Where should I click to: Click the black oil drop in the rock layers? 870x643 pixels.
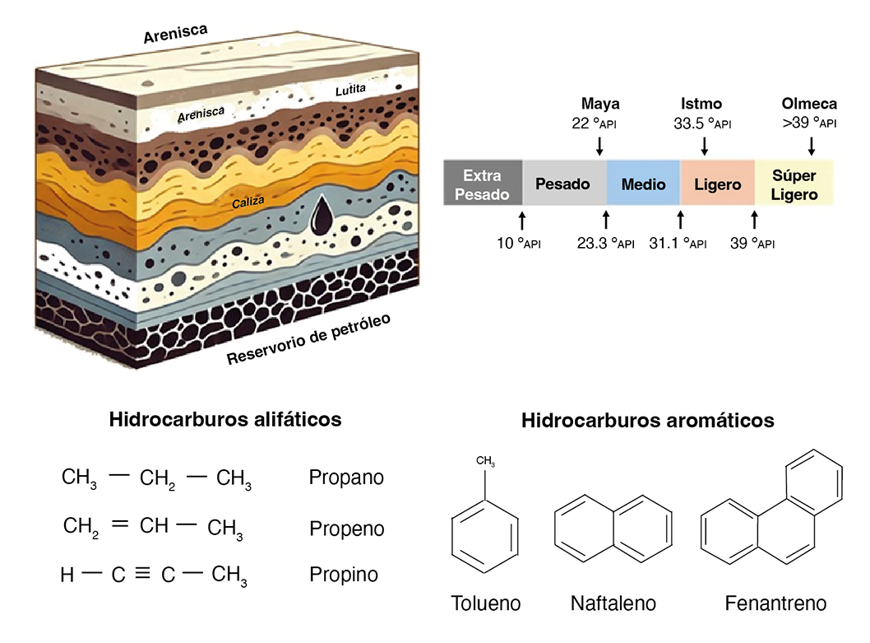point(322,216)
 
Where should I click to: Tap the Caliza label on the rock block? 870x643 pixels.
point(248,203)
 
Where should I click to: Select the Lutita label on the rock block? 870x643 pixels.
point(350,90)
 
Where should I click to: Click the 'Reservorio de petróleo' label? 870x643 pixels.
point(308,339)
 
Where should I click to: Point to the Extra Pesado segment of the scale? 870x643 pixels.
point(482,184)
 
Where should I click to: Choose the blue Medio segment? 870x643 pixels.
point(643,184)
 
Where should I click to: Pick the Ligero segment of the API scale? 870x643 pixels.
point(717,184)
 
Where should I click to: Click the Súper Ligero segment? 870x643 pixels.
point(794,184)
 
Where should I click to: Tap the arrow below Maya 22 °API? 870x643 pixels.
point(599,146)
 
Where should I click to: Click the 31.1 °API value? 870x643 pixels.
point(678,244)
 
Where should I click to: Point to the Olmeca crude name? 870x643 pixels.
point(809,104)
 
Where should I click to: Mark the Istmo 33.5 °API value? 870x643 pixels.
point(702,123)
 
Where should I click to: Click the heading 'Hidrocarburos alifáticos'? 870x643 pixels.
point(225,419)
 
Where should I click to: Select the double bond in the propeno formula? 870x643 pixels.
point(120,524)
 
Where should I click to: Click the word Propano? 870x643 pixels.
point(346,478)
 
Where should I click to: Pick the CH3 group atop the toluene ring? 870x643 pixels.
point(485,461)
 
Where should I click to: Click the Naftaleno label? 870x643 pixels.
point(613,603)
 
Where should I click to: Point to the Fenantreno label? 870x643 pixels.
point(775,603)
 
